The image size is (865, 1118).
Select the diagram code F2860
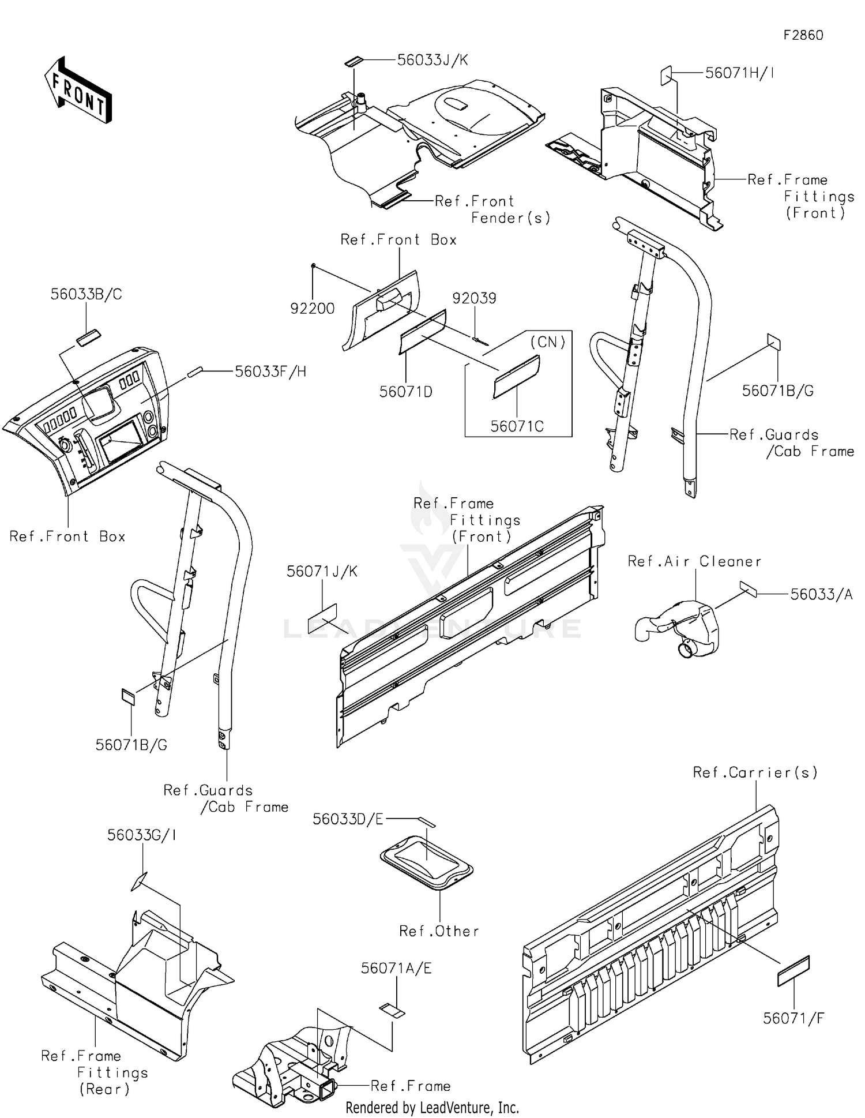[x=803, y=35]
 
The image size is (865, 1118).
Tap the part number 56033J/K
[x=432, y=60]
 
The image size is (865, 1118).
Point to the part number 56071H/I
[x=739, y=73]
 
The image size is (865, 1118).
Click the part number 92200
[x=312, y=308]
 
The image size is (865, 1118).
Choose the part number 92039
[x=474, y=298]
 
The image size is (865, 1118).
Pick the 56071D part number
[x=405, y=392]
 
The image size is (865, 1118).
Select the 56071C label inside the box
[x=517, y=426]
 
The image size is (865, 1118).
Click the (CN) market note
[x=548, y=342]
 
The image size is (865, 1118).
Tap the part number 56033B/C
[x=86, y=294]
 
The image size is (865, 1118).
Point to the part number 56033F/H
[x=270, y=372]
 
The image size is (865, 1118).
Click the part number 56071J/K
[x=322, y=571]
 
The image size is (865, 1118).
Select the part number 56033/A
[x=821, y=594]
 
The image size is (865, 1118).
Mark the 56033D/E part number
[x=348, y=819]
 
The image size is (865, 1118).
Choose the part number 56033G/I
[x=141, y=835]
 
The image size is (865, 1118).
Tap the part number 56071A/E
[x=396, y=968]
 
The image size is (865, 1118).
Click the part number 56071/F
[x=793, y=1018]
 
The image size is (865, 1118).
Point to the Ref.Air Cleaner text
[x=694, y=561]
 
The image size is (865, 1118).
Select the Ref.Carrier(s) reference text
[x=755, y=772]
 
